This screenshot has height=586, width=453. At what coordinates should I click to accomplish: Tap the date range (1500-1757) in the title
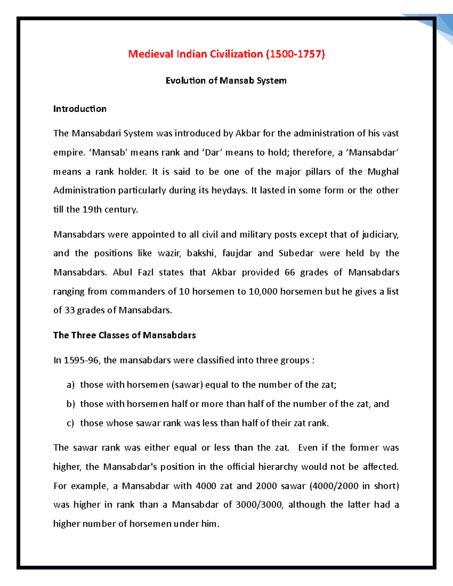(296, 54)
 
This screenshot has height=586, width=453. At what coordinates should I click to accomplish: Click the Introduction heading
(80, 109)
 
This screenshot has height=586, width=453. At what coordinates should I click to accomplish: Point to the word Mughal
(383, 172)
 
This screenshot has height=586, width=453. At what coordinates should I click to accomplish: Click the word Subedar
(296, 253)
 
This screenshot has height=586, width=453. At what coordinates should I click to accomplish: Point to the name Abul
(122, 272)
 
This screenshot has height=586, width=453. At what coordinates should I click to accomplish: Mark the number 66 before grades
(290, 272)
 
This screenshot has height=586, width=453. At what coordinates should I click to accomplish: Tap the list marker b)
(71, 404)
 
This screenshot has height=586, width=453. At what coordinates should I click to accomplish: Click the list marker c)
(70, 423)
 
